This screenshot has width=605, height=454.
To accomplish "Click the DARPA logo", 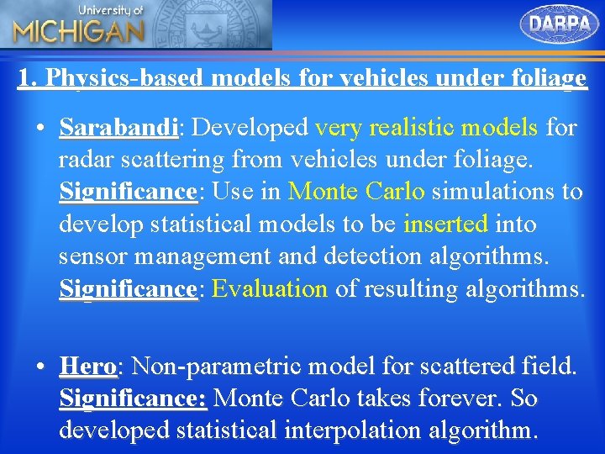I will click(560, 24).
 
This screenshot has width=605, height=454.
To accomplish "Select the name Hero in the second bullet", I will click(88, 367).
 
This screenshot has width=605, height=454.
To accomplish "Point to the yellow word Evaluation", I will click(270, 289).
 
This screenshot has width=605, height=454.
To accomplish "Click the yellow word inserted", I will click(446, 224).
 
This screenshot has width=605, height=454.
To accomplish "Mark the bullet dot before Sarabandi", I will click(39, 129).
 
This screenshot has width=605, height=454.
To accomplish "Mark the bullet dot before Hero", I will click(39, 367).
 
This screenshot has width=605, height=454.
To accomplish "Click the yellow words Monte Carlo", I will click(356, 192).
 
